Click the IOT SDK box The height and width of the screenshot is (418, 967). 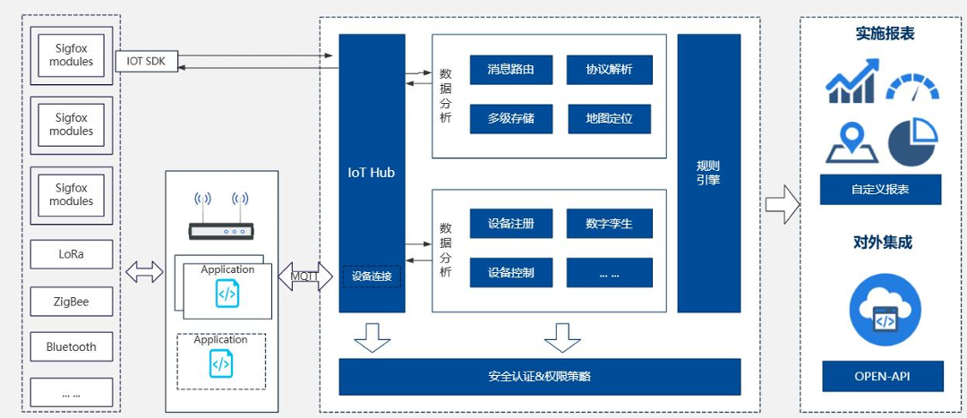[x=147, y=62]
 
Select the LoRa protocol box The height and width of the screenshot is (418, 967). [x=72, y=254]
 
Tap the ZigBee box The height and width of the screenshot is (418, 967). [x=72, y=302]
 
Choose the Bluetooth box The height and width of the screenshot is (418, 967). [x=72, y=347]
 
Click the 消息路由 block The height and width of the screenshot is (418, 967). [x=510, y=69]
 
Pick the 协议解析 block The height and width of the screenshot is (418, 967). [x=609, y=69]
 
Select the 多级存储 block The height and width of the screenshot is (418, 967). [x=510, y=118]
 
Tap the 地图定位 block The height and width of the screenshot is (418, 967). [x=609, y=118]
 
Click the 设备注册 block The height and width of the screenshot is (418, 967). [x=510, y=224]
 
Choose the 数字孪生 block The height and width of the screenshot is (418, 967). [x=609, y=224]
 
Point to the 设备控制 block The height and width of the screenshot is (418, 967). [x=510, y=273]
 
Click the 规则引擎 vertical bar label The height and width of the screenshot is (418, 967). [x=708, y=173]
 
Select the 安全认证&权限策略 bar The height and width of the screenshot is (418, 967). [x=539, y=377]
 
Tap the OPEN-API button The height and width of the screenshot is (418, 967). [x=882, y=377]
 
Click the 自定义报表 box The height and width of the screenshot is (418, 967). [x=880, y=190]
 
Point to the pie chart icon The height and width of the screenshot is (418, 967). [x=912, y=143]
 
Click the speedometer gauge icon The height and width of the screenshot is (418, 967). [x=912, y=87]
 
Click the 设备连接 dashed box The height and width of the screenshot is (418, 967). [x=371, y=277]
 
